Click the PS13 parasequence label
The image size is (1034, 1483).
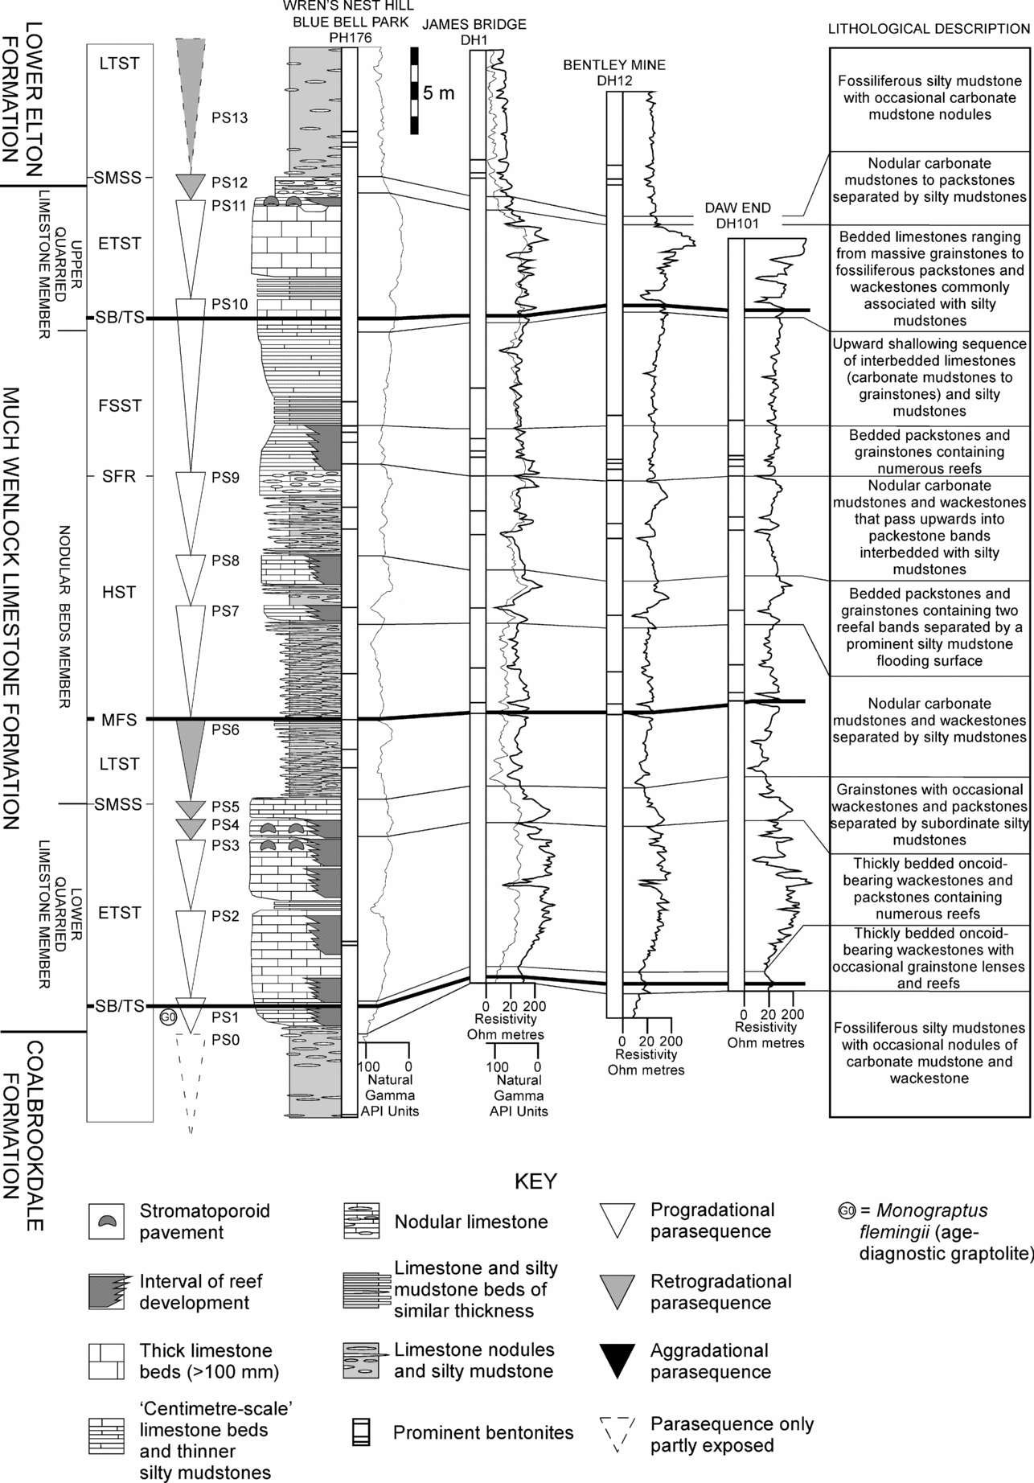229,118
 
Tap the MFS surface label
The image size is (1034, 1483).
119,720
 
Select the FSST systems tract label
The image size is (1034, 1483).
119,405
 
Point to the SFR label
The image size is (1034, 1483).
119,477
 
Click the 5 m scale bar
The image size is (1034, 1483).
414,90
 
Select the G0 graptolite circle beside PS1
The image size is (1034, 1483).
168,1017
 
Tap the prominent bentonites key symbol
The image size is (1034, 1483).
360,1432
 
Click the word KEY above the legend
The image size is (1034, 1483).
535,1181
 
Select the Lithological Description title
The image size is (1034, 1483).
929,29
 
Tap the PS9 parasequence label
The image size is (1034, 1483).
226,478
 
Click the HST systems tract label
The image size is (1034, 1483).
119,593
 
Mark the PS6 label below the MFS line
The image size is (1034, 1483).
226,730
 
